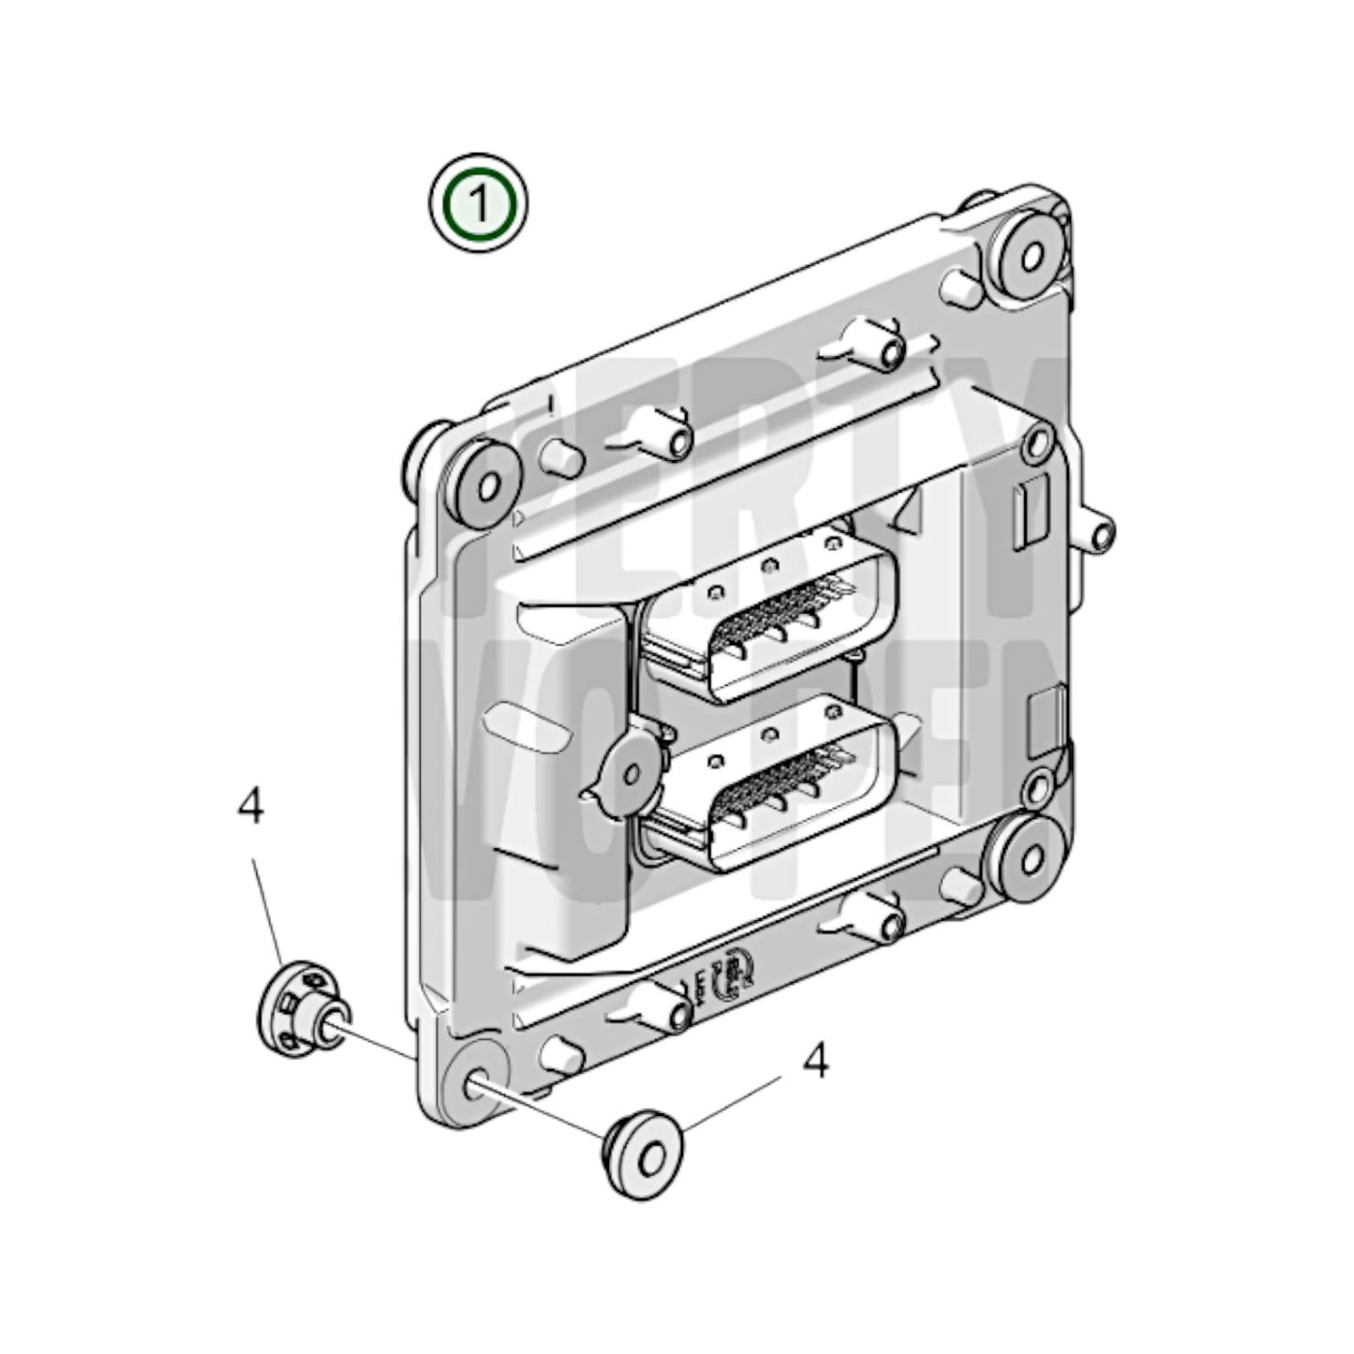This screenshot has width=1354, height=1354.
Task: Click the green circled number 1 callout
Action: point(479,203)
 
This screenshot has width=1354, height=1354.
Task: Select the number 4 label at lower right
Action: point(817,1063)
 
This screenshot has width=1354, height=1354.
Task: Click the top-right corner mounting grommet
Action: point(1026,253)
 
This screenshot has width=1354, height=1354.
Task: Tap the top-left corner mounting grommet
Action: point(484,484)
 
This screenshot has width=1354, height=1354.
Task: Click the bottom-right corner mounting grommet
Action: point(1026,855)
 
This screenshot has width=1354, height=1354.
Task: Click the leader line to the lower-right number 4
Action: point(731,1103)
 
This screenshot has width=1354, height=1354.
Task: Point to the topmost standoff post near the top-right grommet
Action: point(966,285)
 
